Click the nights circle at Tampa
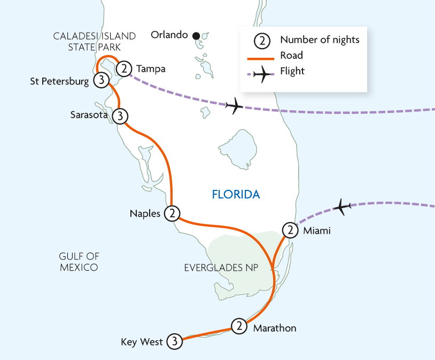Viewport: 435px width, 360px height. [124, 68]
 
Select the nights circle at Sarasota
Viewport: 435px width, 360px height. [121, 116]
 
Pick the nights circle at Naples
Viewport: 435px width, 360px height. [172, 213]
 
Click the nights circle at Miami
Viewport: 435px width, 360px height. [289, 231]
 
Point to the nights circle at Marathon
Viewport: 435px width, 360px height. [239, 326]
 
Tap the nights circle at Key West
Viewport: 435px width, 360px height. [174, 341]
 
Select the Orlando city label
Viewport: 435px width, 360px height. [169, 35]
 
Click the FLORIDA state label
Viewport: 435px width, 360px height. [236, 195]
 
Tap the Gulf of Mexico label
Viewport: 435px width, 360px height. [79, 262]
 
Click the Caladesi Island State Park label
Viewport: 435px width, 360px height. [95, 41]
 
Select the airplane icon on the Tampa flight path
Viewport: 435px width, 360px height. [234, 106]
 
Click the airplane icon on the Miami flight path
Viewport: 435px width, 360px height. [342, 205]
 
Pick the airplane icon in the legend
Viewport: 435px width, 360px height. [261, 74]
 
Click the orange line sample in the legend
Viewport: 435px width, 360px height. [261, 55]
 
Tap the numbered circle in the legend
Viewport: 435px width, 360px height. [261, 40]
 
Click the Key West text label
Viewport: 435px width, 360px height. [142, 342]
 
